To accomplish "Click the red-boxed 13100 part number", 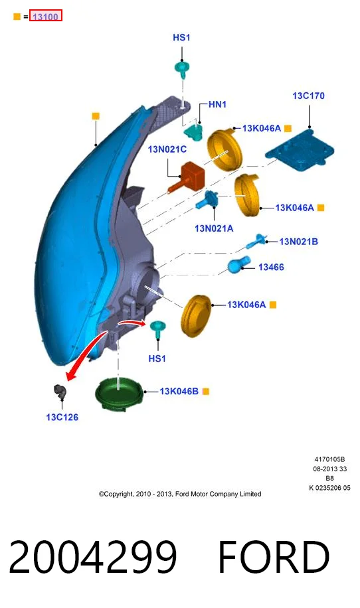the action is point(45,17).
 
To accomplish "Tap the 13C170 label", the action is point(308,96).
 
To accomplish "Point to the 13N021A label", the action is point(214,228).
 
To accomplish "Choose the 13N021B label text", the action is point(298,242).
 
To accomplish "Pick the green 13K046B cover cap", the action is point(121,393).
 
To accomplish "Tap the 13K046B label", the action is point(179,391).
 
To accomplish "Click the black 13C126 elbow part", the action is point(60,392).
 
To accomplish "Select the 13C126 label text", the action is point(62,418).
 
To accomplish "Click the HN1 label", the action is point(217,104).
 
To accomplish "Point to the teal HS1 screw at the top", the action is point(182,69).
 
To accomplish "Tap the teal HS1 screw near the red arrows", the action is point(157,329).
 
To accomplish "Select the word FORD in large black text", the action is point(274,557).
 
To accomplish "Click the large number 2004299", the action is point(93,557).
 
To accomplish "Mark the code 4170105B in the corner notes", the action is point(329,459).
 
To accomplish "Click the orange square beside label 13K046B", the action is point(206,391).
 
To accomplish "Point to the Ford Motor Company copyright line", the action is point(180,494).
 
